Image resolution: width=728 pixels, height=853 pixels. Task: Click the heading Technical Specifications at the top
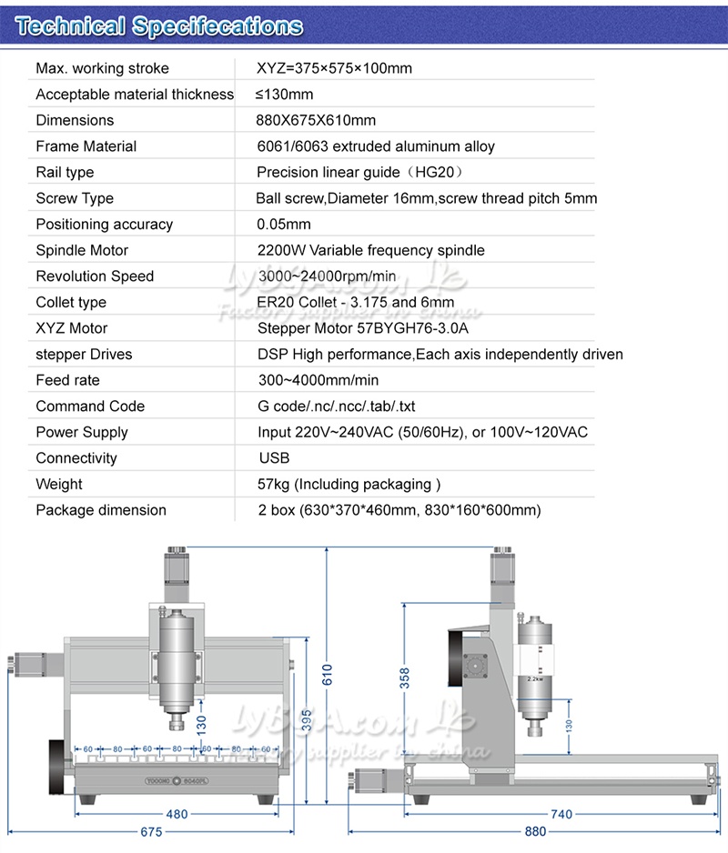point(159,26)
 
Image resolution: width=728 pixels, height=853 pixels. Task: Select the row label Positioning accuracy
point(104,225)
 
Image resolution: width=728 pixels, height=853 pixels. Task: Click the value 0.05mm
point(284,225)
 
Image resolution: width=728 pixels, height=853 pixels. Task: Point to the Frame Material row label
point(86,146)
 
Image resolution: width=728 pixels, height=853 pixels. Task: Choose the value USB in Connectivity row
point(274,458)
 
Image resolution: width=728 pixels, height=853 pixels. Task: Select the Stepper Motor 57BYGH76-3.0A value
point(369,328)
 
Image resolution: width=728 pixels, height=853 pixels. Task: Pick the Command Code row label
point(90,406)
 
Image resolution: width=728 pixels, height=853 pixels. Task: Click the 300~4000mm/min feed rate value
point(318,380)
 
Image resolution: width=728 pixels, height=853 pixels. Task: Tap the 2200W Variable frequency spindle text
point(371,250)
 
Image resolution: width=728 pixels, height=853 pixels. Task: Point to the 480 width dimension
point(177,815)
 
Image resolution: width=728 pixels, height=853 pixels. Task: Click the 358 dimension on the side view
point(405,678)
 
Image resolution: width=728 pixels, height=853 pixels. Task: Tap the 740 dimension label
point(562,815)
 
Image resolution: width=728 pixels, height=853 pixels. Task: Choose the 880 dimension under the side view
point(536,832)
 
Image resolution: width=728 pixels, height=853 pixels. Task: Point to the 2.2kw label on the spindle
point(535,678)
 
